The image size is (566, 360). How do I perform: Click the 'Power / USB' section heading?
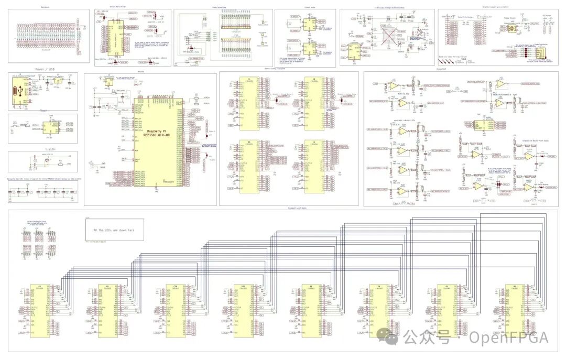(42, 69)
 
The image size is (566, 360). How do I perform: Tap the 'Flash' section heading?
(42, 111)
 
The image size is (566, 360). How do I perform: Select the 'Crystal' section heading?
(42, 149)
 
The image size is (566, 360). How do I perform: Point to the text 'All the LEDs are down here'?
(113, 230)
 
